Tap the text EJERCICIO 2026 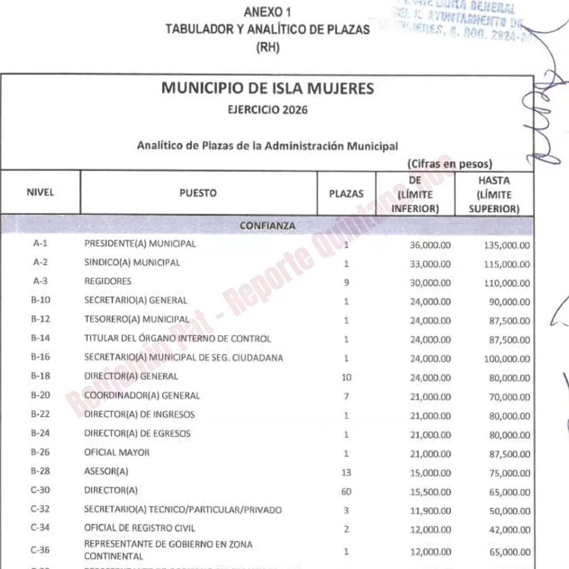click(x=267, y=110)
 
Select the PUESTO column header click(x=198, y=194)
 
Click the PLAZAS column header click(x=346, y=194)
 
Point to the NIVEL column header click(x=41, y=194)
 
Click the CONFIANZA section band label click(x=267, y=226)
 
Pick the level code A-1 click(x=41, y=244)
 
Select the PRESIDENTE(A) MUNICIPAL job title click(x=139, y=244)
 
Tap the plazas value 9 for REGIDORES click(x=346, y=282)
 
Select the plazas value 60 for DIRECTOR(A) click(x=346, y=492)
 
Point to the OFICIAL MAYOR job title click(x=117, y=453)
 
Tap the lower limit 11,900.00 click(x=430, y=511)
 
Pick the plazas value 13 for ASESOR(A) click(x=346, y=473)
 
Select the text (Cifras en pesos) click(x=450, y=164)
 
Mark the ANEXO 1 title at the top click(x=267, y=12)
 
